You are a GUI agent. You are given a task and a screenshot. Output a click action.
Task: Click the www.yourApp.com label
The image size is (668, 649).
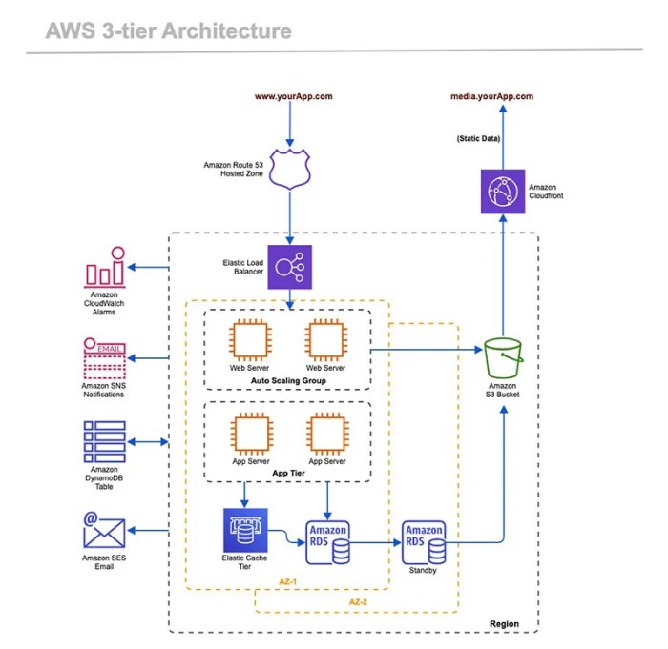click(x=293, y=96)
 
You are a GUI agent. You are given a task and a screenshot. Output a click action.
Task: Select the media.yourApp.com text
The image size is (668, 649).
click(x=491, y=96)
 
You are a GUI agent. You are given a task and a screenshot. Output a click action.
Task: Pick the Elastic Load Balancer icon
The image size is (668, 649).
click(x=289, y=268)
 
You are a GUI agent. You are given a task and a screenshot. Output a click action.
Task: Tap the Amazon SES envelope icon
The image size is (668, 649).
click(x=105, y=529)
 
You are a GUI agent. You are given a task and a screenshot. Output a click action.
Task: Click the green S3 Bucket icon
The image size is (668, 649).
click(x=502, y=359)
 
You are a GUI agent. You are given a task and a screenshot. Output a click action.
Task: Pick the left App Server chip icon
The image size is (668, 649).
click(x=250, y=435)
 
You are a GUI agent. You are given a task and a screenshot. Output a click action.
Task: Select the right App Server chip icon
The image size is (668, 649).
click(x=327, y=435)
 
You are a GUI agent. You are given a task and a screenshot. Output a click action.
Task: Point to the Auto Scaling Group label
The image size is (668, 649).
click(x=287, y=381)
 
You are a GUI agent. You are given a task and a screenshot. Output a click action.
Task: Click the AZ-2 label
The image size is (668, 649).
click(x=359, y=601)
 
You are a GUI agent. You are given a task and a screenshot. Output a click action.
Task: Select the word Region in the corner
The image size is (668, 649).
click(x=505, y=624)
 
